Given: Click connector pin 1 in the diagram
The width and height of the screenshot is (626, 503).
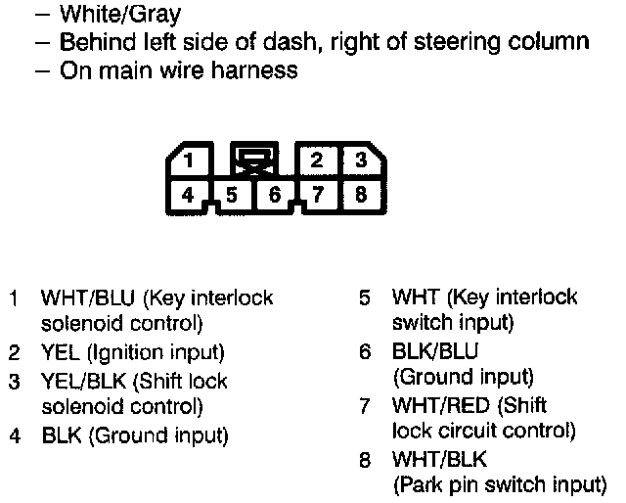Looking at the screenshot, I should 195,160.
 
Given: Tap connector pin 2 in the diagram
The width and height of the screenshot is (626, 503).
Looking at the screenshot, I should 315,160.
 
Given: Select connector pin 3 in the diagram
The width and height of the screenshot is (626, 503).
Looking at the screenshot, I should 359,160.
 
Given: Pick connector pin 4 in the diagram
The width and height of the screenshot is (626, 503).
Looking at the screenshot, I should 187,193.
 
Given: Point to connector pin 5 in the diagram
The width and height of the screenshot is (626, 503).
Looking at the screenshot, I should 232,194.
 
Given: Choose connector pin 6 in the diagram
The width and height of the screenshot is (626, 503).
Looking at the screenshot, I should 275,194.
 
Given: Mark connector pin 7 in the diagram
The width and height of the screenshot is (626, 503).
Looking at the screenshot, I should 318,194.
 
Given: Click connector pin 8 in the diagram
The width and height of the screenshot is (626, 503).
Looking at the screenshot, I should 360,193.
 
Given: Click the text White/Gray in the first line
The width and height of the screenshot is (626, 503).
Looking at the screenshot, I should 119,16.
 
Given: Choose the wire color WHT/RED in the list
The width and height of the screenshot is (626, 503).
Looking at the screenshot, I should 441,405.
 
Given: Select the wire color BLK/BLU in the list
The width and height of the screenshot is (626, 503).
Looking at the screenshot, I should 435,351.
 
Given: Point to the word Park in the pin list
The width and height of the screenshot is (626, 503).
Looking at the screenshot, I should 419,483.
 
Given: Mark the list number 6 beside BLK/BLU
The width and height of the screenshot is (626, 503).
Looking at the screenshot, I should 363,351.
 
